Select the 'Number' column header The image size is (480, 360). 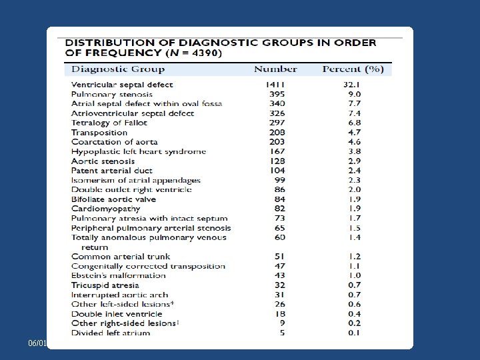275,69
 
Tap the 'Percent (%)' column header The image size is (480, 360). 353,69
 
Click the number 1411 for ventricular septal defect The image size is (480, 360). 275,85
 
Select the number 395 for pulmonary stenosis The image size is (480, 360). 277,94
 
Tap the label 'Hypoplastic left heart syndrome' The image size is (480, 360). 139,151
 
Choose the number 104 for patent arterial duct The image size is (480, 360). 277,171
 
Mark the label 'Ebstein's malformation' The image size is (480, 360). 119,275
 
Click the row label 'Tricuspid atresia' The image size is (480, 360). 105,285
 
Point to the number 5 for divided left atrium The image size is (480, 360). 281,333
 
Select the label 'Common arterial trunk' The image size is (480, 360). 121,256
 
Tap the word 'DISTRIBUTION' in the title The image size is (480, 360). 113,42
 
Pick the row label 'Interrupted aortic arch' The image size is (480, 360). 120,295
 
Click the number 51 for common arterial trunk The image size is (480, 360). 279,256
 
